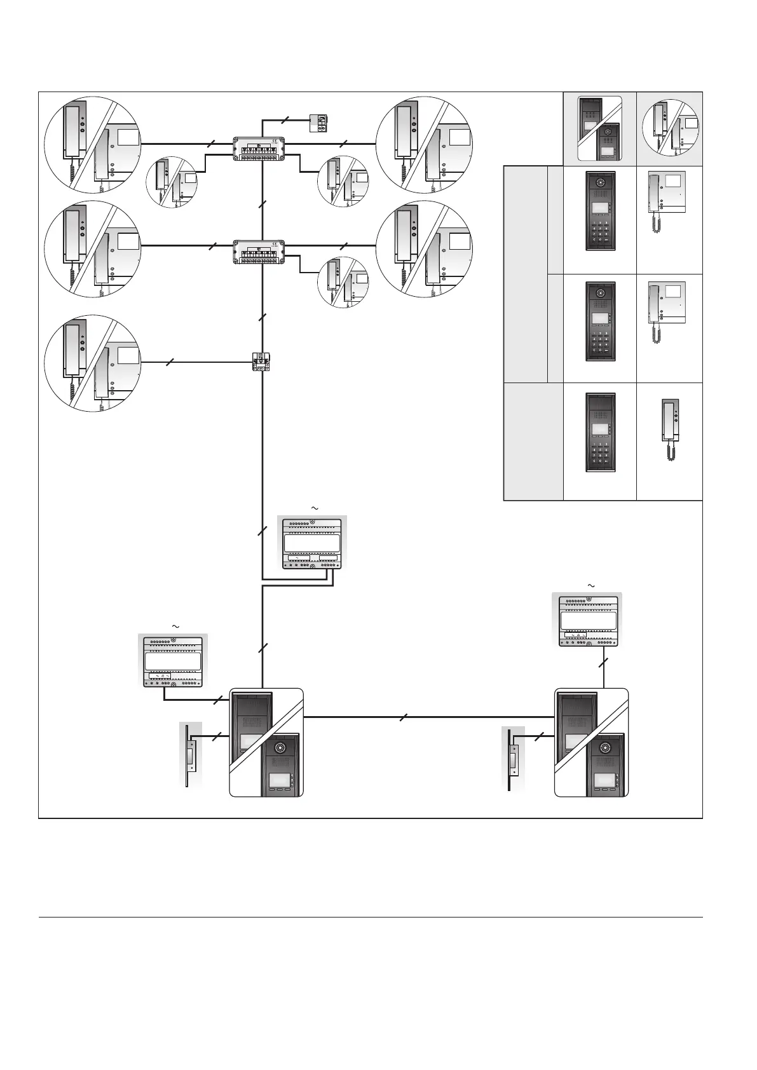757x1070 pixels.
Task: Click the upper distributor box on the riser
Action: [259, 148]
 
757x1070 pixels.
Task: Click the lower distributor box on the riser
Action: [259, 251]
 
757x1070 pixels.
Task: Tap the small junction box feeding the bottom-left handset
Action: [261, 362]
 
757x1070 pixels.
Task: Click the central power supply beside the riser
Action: [312, 541]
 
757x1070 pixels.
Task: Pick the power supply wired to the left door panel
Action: [173, 660]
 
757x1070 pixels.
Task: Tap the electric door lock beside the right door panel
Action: [514, 759]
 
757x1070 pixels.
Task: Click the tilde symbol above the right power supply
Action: [590, 585]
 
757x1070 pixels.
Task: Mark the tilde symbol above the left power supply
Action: [175, 626]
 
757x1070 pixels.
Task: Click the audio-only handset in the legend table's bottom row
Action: [669, 428]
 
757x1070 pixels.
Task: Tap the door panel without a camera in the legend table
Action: [600, 433]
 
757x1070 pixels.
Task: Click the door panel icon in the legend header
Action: [599, 128]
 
